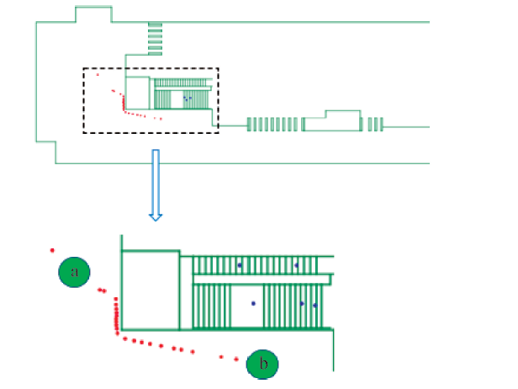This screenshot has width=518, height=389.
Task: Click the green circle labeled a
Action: (x=75, y=272)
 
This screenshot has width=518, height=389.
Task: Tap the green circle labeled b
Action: (x=262, y=364)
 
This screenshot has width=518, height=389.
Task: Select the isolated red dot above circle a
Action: (x=52, y=250)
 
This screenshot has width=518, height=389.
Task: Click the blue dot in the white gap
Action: (x=253, y=301)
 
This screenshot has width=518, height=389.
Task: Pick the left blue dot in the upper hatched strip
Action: (x=239, y=265)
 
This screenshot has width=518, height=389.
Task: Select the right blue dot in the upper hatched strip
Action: (x=296, y=265)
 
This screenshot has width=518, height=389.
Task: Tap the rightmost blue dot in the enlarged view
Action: (x=315, y=305)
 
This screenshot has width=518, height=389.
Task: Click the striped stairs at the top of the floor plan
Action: (x=156, y=38)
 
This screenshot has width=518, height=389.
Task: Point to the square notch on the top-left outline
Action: (x=92, y=14)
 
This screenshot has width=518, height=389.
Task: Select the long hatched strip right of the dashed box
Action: (x=274, y=125)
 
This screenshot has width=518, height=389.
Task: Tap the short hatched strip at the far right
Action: (x=373, y=125)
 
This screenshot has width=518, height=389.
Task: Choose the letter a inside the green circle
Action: (x=75, y=272)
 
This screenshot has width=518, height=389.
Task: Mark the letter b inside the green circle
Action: (x=262, y=365)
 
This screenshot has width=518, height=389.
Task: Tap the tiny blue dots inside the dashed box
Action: (x=187, y=98)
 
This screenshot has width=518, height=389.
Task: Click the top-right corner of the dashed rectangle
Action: (x=219, y=68)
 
